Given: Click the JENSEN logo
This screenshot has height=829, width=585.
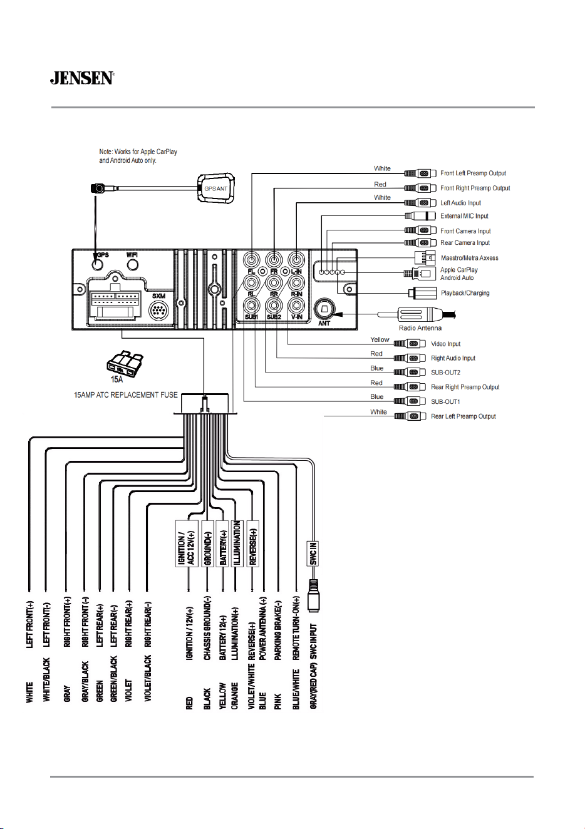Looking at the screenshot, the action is [x=82, y=78].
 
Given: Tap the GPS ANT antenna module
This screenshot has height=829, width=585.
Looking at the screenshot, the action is [x=216, y=188].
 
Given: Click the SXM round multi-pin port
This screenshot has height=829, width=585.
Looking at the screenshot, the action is [x=159, y=310].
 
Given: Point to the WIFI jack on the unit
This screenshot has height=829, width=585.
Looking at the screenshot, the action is [x=133, y=265].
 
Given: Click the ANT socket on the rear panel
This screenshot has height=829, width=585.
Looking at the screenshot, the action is [x=324, y=309].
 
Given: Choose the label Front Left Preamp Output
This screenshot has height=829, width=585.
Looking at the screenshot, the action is [x=473, y=173].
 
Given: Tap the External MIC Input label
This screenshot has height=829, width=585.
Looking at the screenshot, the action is [x=464, y=216].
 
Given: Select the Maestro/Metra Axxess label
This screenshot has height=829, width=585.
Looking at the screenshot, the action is [x=470, y=258].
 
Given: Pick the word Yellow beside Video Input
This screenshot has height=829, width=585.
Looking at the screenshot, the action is [x=380, y=340].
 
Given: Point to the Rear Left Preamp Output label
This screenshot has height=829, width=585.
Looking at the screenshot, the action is [x=463, y=416].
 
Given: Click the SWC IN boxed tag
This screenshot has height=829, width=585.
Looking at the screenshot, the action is [x=313, y=554].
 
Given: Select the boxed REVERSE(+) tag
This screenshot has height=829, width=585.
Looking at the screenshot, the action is [x=253, y=543].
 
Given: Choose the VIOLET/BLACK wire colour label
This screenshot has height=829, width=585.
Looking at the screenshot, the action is [x=148, y=678].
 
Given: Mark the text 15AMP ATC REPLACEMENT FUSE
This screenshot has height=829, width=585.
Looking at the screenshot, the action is [x=125, y=395].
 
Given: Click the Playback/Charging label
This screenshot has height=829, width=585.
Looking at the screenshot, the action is [x=465, y=293].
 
